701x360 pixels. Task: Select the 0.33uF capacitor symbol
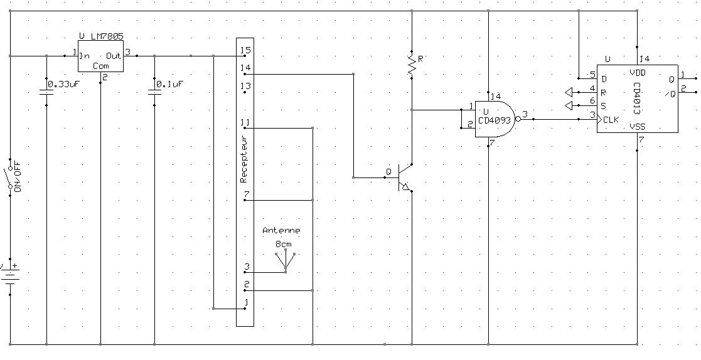(46, 92)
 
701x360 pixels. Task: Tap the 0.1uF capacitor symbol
(154, 92)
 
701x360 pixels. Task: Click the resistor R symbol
(412, 66)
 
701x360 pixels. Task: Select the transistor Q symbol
(404, 177)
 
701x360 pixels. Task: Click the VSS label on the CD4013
(638, 127)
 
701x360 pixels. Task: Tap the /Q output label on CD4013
(670, 94)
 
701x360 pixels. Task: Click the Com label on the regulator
(100, 65)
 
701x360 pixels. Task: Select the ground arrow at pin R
(570, 92)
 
